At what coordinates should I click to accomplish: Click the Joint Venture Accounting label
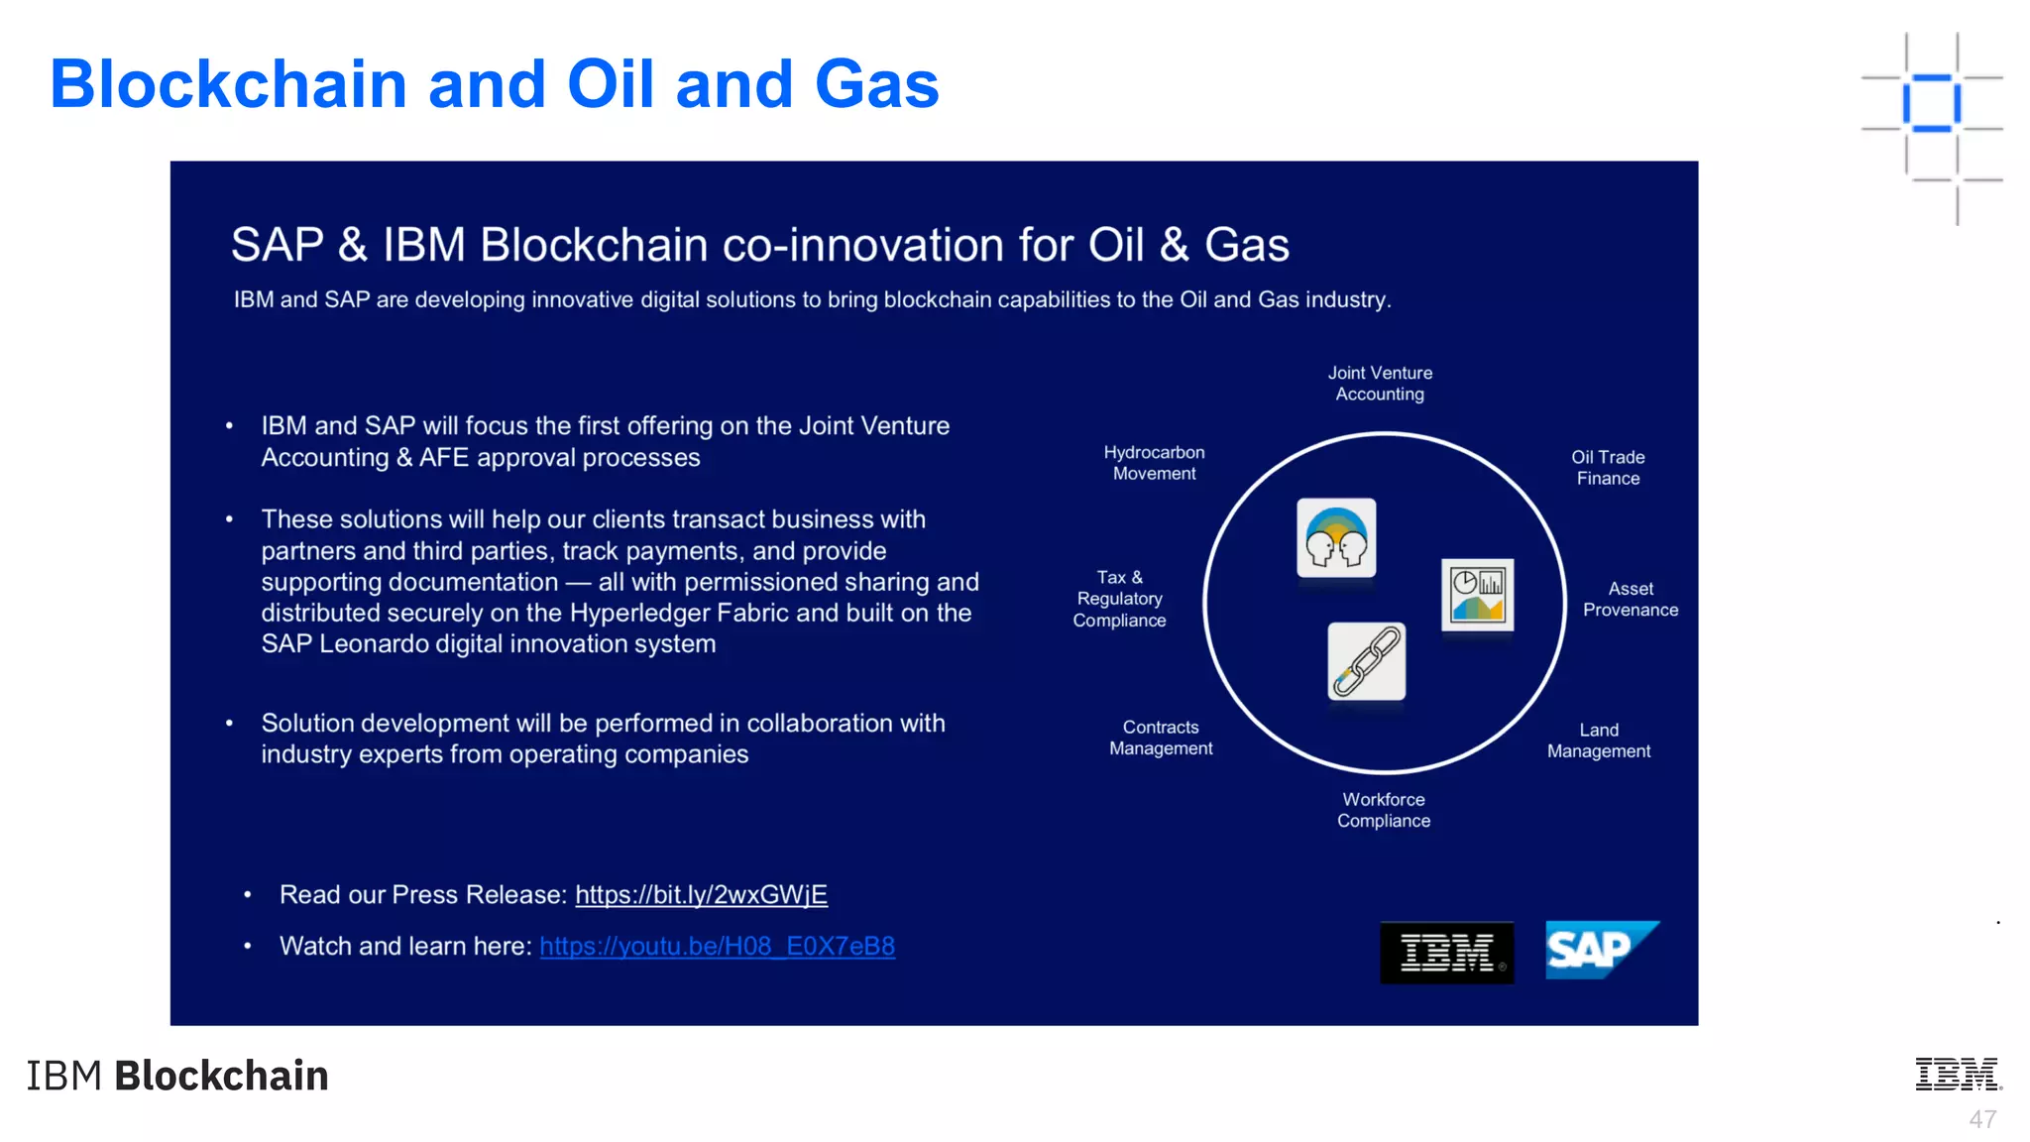point(1380,384)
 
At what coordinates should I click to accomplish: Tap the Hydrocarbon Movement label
point(1154,463)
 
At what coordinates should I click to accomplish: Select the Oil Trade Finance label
point(1608,468)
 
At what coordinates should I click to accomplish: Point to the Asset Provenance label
point(1630,600)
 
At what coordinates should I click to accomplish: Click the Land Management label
point(1598,741)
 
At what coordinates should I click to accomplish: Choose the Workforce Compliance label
point(1383,810)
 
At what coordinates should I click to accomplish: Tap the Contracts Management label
point(1160,738)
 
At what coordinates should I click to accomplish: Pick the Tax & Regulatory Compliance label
point(1119,599)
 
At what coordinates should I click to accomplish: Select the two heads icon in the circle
point(1335,538)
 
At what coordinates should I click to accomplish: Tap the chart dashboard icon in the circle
point(1477,595)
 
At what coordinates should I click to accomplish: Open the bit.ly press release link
point(701,895)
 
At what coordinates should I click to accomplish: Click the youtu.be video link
point(717,947)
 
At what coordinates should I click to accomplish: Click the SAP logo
point(1600,950)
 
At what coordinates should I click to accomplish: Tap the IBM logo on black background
point(1446,953)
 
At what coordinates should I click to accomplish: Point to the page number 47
point(1981,1119)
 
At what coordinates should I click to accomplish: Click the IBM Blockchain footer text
point(177,1076)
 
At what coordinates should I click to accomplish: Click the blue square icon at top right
point(1931,103)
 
